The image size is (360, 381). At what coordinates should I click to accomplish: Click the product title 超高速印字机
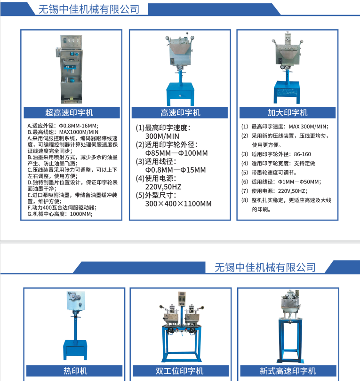[x=69, y=113]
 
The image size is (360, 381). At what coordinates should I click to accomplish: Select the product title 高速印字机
[x=180, y=113]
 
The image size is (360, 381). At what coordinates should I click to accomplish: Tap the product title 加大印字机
[x=288, y=113]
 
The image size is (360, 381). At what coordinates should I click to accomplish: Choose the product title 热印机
[x=75, y=371]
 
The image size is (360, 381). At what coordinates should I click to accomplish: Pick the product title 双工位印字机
[x=179, y=371]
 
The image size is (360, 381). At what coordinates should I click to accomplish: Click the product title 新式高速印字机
[x=288, y=371]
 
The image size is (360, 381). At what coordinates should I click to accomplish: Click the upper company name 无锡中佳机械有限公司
[x=89, y=9]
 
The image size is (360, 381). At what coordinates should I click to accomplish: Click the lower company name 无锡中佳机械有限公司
[x=265, y=267]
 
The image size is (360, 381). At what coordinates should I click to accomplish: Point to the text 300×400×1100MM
[x=178, y=204]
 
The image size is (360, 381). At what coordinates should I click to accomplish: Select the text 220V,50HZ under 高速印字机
[x=163, y=187]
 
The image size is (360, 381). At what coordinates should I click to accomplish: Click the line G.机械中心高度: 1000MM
[x=60, y=214]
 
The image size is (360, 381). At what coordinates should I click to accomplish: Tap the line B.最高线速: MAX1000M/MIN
[x=63, y=132]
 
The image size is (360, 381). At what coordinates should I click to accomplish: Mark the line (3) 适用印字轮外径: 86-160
[x=276, y=154]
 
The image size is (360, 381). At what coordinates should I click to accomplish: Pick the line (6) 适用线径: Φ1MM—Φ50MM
[x=281, y=182]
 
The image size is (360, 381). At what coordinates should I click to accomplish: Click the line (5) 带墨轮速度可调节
[x=269, y=173]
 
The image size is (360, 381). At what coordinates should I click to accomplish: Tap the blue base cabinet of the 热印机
[x=75, y=349]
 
